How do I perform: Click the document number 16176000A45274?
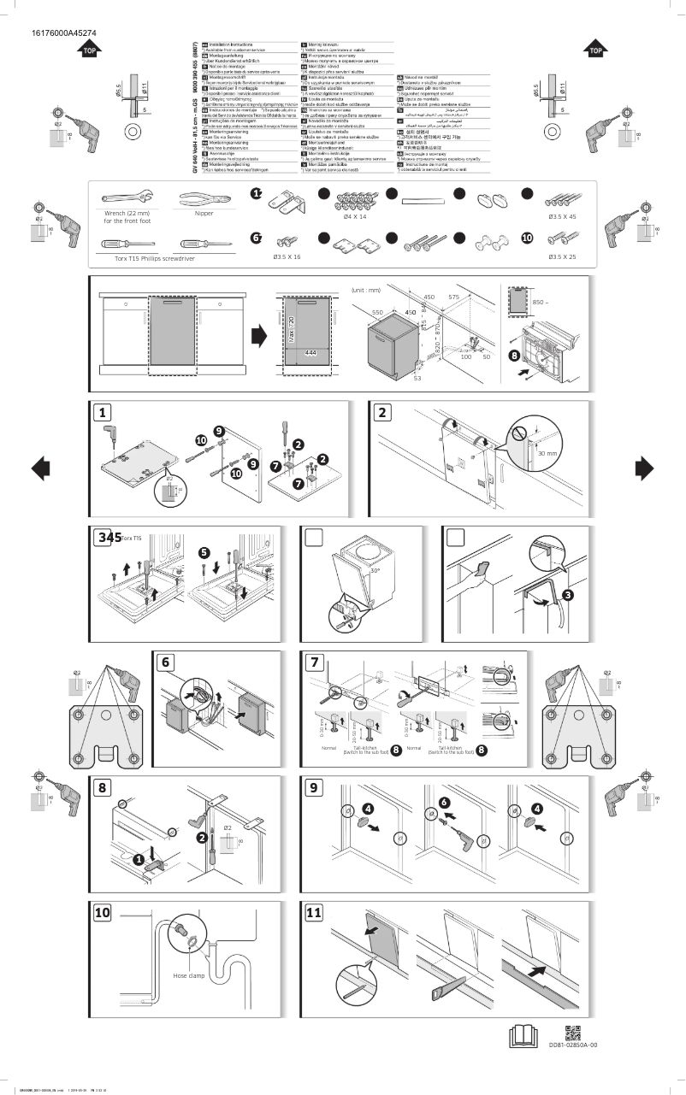[63, 33]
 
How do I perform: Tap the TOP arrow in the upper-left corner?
[88, 50]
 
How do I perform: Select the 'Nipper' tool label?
[203, 213]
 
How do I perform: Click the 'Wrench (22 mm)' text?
[126, 214]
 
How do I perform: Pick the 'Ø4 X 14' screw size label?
[354, 217]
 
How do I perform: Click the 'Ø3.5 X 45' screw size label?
[561, 217]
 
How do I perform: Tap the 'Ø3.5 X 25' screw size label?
[561, 256]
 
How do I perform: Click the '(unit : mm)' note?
[365, 291]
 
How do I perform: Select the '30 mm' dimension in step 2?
[547, 453]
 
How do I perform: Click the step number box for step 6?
[167, 662]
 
